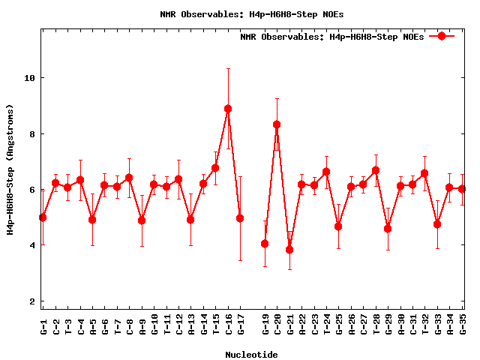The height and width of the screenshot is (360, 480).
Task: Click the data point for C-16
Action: (x=228, y=109)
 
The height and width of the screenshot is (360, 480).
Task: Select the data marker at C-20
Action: (x=277, y=124)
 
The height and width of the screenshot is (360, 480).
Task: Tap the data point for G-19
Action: (x=265, y=244)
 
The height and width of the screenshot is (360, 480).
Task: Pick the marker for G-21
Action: (x=289, y=250)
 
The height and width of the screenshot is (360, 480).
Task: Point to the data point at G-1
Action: (x=43, y=217)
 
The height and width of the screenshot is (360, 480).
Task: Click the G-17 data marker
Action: (x=240, y=218)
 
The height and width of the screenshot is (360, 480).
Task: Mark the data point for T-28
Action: (x=376, y=170)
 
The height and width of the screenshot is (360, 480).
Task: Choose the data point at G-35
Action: (x=462, y=189)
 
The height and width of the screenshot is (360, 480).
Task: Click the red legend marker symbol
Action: (x=442, y=36)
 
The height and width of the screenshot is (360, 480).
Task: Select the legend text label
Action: (x=332, y=37)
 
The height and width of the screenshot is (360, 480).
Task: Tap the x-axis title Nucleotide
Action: (x=252, y=354)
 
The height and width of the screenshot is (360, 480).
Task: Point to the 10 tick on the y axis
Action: (x=30, y=78)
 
